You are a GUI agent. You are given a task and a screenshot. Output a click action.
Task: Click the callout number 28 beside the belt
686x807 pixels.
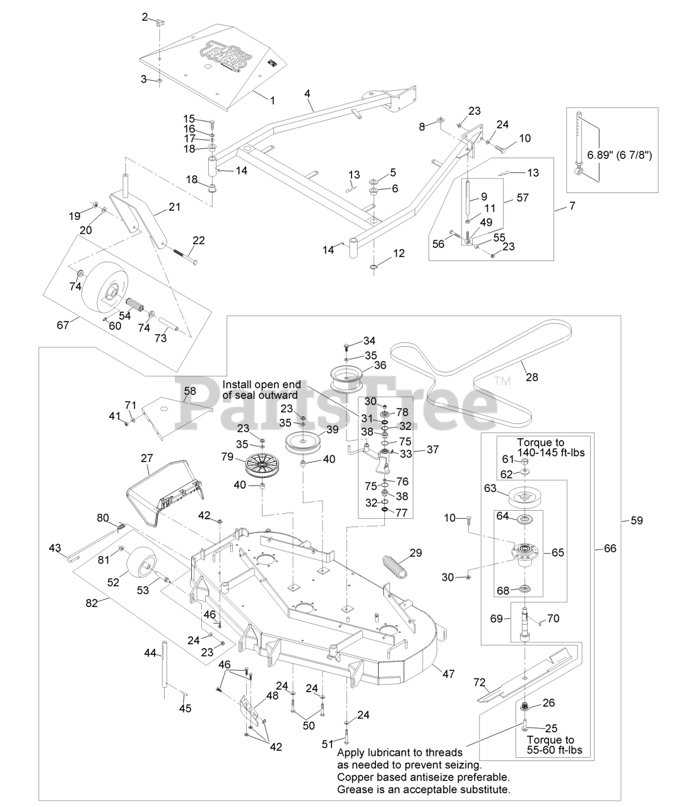532,377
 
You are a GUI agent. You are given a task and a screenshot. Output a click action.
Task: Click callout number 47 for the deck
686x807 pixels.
448,674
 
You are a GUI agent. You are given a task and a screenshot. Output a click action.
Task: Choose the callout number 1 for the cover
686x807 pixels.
273,100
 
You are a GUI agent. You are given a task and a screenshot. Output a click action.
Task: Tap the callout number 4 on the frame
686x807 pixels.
307,93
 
